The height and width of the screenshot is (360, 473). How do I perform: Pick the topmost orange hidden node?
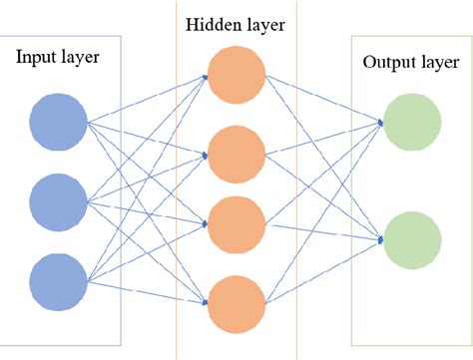tap(235, 76)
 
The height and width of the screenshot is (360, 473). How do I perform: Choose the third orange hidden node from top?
tap(235, 223)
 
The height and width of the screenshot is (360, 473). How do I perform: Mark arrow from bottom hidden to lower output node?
tap(324, 268)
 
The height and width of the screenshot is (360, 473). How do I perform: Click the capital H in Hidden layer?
tap(190, 23)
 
